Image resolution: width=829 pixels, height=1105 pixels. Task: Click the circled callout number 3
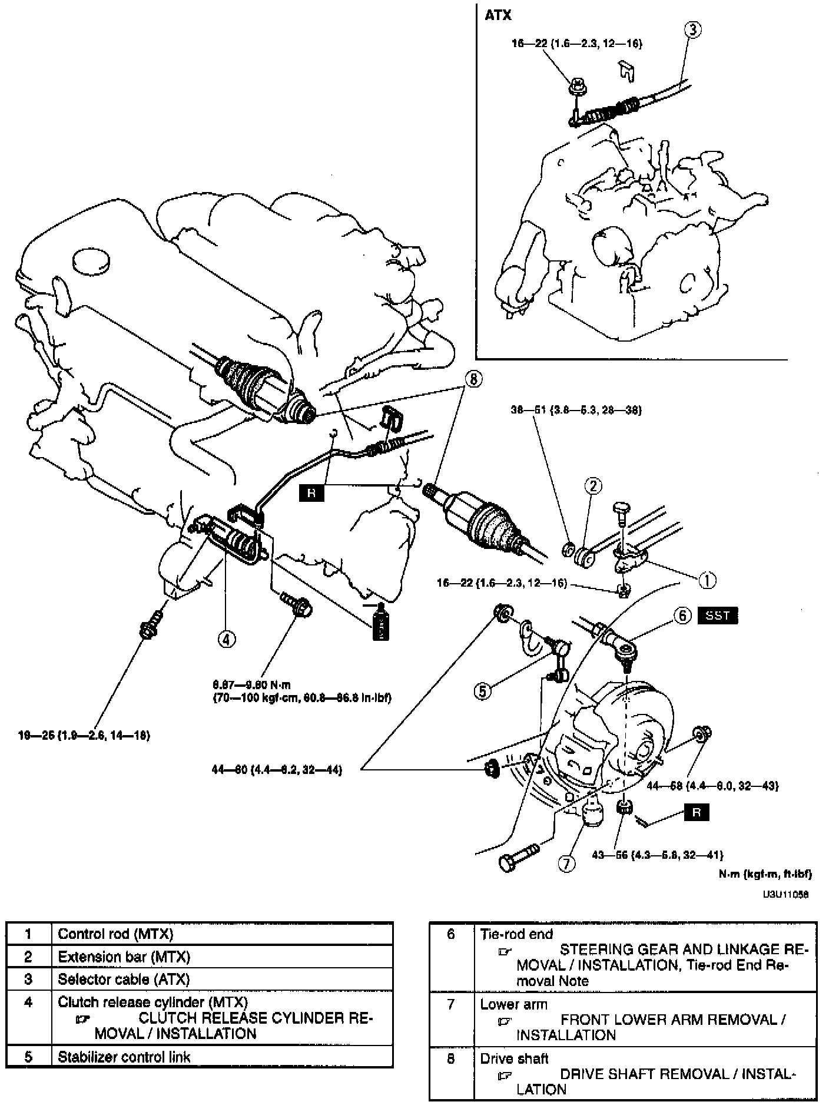tap(694, 30)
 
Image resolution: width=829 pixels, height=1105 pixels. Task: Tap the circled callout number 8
tap(472, 380)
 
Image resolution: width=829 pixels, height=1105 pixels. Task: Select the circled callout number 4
tap(227, 638)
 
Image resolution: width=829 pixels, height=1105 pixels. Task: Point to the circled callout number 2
tap(593, 485)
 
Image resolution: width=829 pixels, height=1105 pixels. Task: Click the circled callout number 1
tap(707, 580)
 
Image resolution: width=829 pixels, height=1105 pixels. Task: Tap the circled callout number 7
tap(565, 864)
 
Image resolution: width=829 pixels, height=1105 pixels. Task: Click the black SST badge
tap(717, 616)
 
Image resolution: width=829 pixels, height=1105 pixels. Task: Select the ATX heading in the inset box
tap(498, 16)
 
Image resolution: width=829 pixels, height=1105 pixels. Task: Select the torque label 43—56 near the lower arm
tap(658, 855)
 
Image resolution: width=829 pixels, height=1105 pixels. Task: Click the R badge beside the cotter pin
tap(697, 813)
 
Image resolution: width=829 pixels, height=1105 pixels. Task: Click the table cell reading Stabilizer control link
tap(124, 1057)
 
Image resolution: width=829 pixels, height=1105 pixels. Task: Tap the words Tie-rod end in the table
tap(516, 934)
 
